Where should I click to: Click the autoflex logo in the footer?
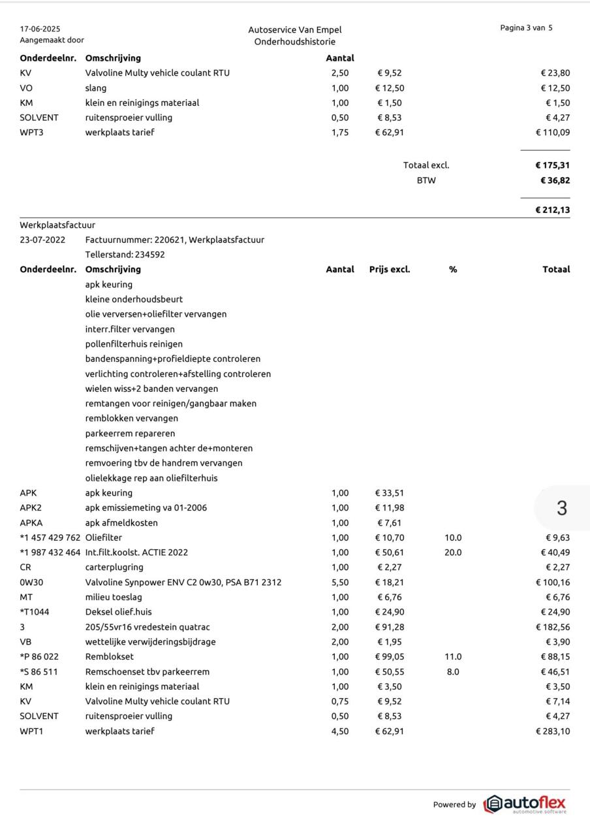pyautogui.click(x=525, y=804)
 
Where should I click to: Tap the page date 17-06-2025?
pyautogui.click(x=40, y=29)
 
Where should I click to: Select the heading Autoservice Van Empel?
pyautogui.click(x=294, y=30)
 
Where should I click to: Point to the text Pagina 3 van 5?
pyautogui.click(x=526, y=28)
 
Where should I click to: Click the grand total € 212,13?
pyautogui.click(x=552, y=210)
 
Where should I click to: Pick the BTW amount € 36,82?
pyautogui.click(x=555, y=180)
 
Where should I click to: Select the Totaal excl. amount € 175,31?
pyautogui.click(x=552, y=165)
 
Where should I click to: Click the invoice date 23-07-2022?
pyautogui.click(x=42, y=240)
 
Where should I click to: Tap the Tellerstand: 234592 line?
pyautogui.click(x=125, y=255)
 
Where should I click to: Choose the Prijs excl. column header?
pyautogui.click(x=390, y=269)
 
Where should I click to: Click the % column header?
pyautogui.click(x=453, y=269)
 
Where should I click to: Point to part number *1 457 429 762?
pyautogui.click(x=50, y=538)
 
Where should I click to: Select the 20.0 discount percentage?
pyautogui.click(x=453, y=553)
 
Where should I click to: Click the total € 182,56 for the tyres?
pyautogui.click(x=552, y=627)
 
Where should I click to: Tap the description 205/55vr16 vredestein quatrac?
pyautogui.click(x=147, y=627)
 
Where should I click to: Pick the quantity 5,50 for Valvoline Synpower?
pyautogui.click(x=340, y=582)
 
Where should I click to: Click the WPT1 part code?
pyautogui.click(x=31, y=731)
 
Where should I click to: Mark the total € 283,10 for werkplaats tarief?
pyautogui.click(x=552, y=731)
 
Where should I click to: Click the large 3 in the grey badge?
pyautogui.click(x=562, y=508)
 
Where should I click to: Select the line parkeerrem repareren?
pyautogui.click(x=130, y=433)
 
